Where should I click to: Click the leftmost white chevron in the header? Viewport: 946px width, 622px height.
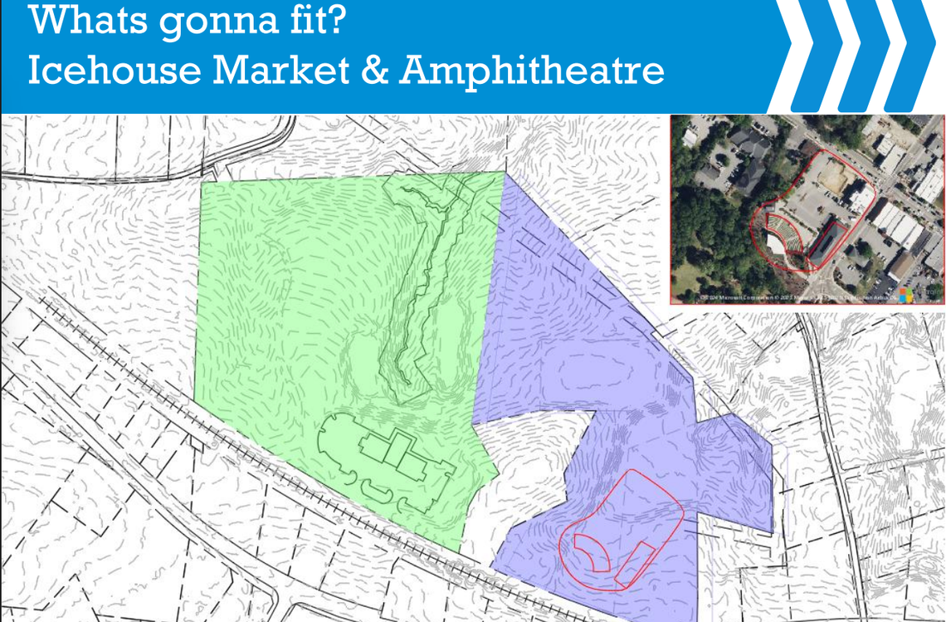pos(809,55)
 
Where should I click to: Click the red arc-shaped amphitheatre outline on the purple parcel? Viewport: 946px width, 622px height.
pos(593,552)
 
